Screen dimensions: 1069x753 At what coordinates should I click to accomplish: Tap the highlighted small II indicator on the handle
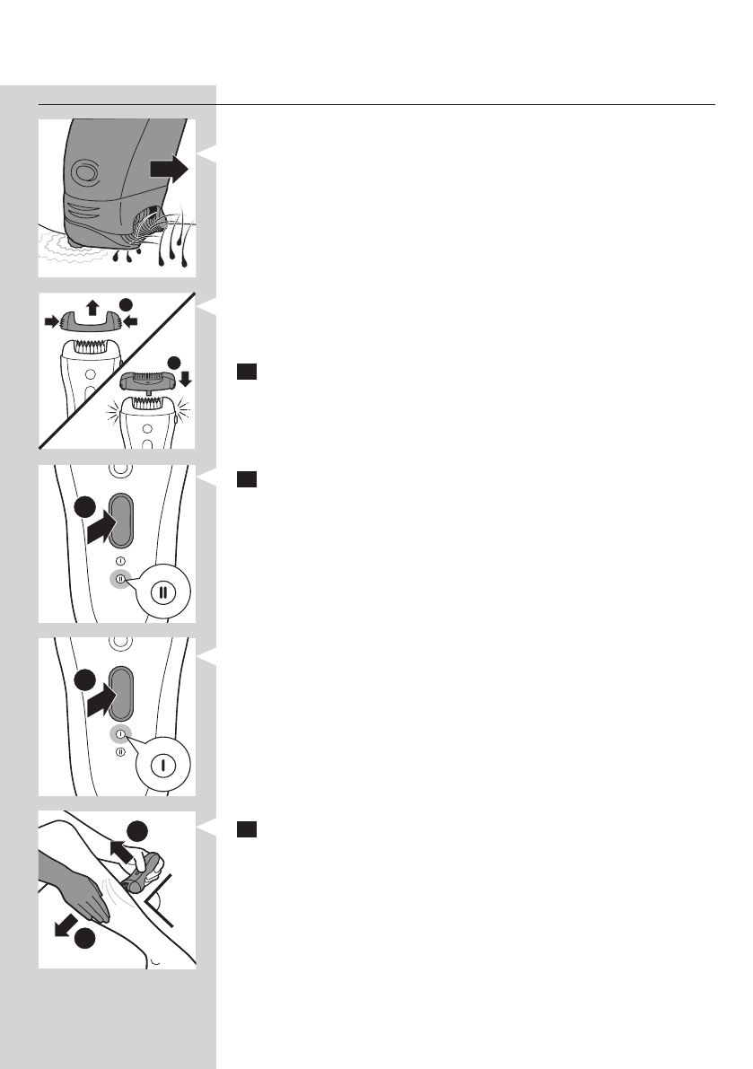pos(118,579)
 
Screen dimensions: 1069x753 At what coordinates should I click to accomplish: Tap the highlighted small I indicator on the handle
pos(118,734)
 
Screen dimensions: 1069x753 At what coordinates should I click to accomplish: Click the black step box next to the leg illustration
pos(247,830)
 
